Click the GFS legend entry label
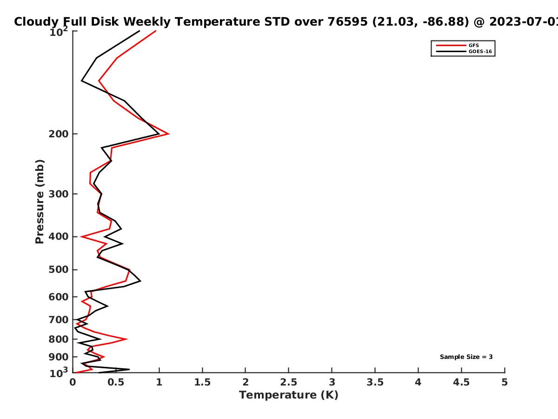click(473, 45)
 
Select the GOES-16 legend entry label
click(480, 51)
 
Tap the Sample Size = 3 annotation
click(466, 357)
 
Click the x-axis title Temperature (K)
click(289, 395)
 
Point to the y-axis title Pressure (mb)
click(40, 202)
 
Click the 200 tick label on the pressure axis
click(59, 134)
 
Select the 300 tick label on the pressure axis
click(59, 194)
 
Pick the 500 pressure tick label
click(59, 270)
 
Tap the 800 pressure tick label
click(59, 339)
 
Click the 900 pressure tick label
click(59, 357)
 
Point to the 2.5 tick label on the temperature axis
click(289, 382)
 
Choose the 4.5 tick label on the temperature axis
click(461, 382)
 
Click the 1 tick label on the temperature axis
click(159, 382)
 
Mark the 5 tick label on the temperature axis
click(505, 382)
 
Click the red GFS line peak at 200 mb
click(168, 134)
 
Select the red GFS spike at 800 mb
click(126, 339)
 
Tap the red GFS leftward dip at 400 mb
click(81, 237)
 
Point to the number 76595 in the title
click(347, 22)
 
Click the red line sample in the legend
click(451, 45)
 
